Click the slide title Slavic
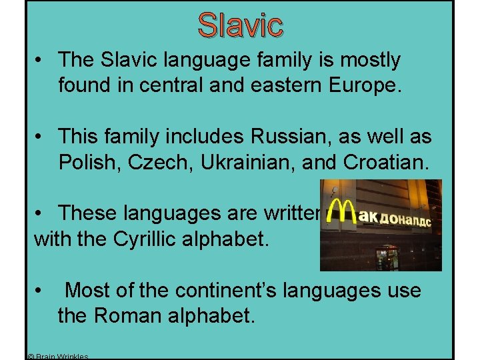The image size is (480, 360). (x=240, y=25)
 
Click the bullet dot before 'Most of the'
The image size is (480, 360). (x=41, y=291)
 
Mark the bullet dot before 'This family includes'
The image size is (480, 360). (x=41, y=137)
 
